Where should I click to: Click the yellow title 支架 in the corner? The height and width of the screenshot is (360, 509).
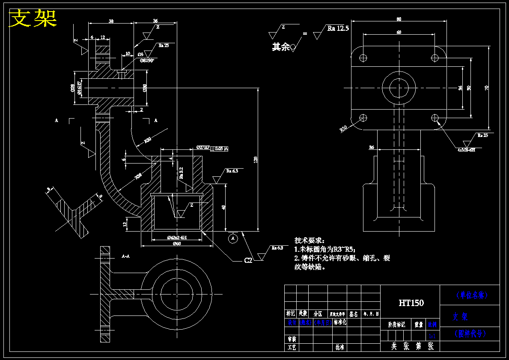tap(33, 18)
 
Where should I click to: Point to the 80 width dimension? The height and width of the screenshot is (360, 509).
tap(399, 19)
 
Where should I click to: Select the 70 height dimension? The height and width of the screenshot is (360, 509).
tap(487, 88)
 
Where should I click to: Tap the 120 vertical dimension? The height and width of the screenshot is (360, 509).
tap(256, 159)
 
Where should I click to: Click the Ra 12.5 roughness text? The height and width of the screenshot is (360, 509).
tap(338, 29)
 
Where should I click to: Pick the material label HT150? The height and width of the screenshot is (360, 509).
tap(411, 303)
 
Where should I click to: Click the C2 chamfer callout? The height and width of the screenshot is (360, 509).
tap(248, 260)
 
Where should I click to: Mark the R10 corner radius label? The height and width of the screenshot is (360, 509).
tap(343, 128)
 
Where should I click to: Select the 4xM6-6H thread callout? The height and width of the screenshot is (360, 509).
tap(466, 150)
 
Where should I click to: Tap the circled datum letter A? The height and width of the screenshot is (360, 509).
tap(233, 238)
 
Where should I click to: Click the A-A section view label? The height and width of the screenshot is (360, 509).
tap(126, 256)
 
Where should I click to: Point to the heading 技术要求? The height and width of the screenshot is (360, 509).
tap(310, 241)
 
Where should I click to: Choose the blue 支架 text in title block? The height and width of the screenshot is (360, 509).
tap(460, 317)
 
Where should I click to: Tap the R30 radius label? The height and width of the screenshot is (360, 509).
tap(148, 140)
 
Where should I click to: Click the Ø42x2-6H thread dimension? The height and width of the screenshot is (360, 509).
tap(177, 237)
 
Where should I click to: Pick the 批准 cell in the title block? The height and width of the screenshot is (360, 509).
tap(339, 348)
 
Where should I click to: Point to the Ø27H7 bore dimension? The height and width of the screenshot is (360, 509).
tap(202, 148)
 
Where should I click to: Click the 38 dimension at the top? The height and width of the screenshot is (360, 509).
tap(111, 21)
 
